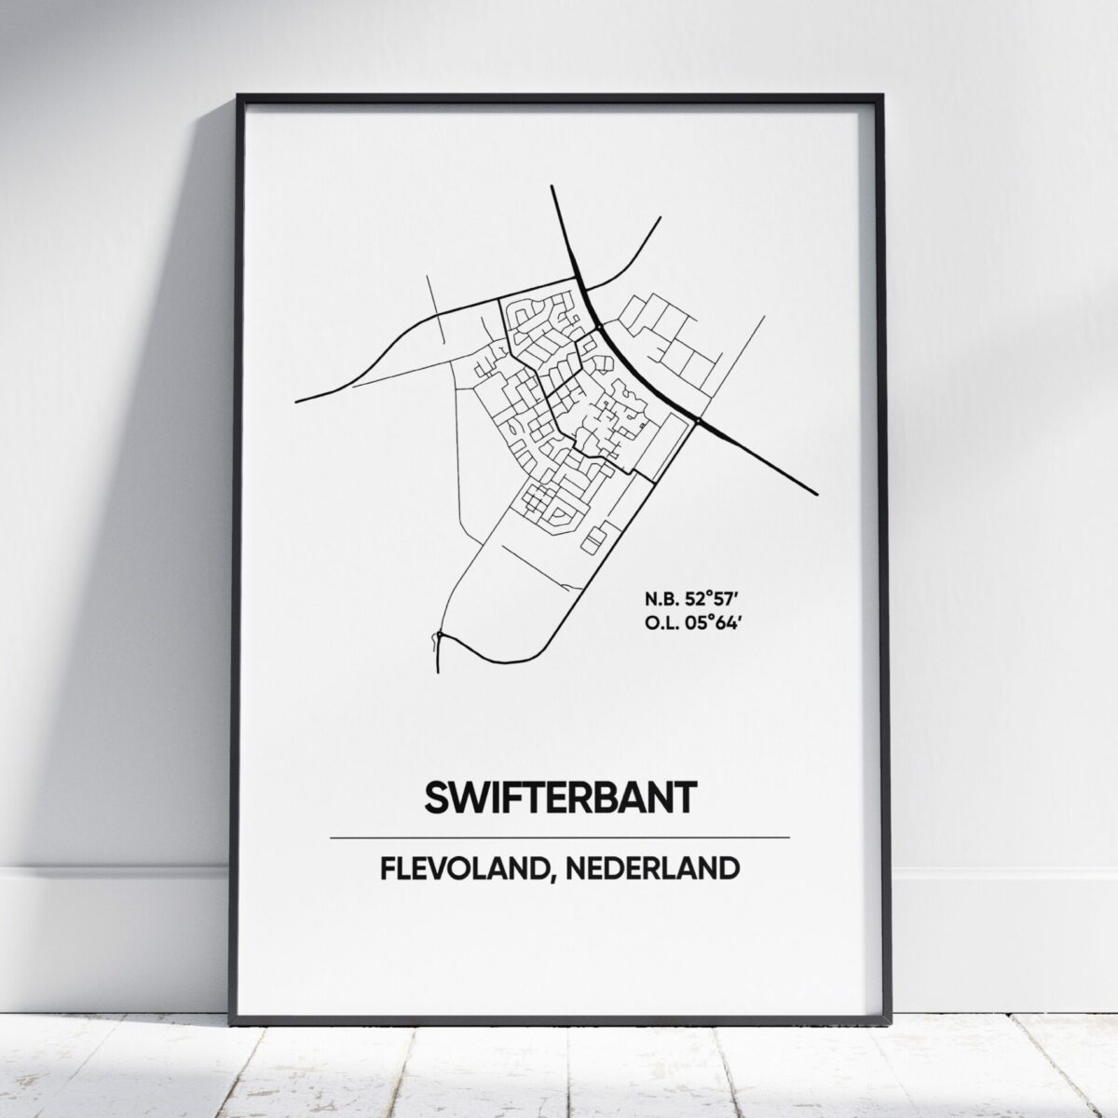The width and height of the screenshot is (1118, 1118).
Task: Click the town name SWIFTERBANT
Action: coord(560,798)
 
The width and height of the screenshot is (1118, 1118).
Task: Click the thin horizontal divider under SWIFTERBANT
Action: coord(560,838)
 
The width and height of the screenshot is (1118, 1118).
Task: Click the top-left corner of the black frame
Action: coord(239,95)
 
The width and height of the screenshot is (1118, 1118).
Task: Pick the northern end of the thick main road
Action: coord(552,187)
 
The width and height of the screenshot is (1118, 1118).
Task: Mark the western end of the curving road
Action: coord(296,402)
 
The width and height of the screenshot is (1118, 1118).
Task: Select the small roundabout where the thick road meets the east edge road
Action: coord(698,423)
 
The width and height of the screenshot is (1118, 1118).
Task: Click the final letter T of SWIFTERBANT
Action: coord(684,798)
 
